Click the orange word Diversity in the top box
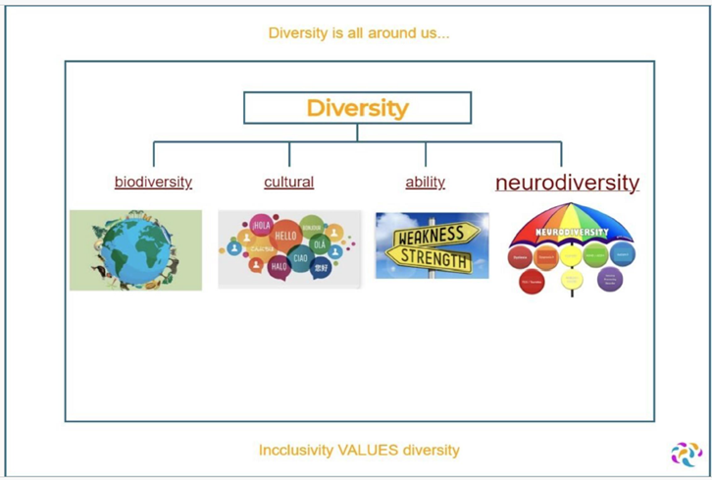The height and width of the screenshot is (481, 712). tap(357, 108)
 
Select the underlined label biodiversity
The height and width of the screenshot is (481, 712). tap(153, 183)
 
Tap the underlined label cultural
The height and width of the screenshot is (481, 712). tap(288, 183)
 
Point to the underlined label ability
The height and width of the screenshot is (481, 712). tap(425, 183)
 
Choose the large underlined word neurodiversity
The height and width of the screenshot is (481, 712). tap(567, 183)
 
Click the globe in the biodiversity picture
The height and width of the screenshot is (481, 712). tap(134, 250)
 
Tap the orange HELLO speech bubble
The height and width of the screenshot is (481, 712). tap(285, 237)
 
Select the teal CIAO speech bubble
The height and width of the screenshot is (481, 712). tap(301, 258)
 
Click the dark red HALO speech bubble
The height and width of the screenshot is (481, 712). tap(279, 266)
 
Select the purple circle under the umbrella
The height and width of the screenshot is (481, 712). tap(610, 279)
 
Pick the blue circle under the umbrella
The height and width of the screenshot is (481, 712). tap(622, 254)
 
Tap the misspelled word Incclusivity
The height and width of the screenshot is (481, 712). tap(296, 451)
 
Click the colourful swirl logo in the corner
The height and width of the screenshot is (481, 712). tap(686, 454)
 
